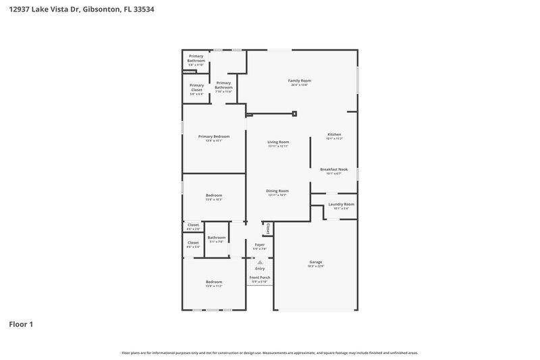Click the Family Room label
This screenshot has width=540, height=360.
pos(301,80)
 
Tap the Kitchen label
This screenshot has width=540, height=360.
pos(335,134)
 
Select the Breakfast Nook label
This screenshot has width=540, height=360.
pos(334,169)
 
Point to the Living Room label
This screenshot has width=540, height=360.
pos(278,142)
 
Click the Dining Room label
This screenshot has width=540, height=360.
pos(278,190)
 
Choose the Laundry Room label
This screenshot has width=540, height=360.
pos(341,204)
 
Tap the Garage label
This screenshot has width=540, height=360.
pos(315,262)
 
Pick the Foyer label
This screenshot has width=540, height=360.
pos(259,245)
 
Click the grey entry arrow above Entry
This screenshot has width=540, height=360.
pos(260,262)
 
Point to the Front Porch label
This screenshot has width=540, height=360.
pos(259,278)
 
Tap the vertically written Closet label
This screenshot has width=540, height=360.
pos(268,229)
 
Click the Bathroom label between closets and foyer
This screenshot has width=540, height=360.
pos(217,237)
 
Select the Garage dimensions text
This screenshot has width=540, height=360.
pos(315,266)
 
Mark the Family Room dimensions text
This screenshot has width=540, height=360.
pos(301,85)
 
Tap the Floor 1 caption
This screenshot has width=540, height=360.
pos(21,324)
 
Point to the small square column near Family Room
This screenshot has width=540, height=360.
pos(294,114)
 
